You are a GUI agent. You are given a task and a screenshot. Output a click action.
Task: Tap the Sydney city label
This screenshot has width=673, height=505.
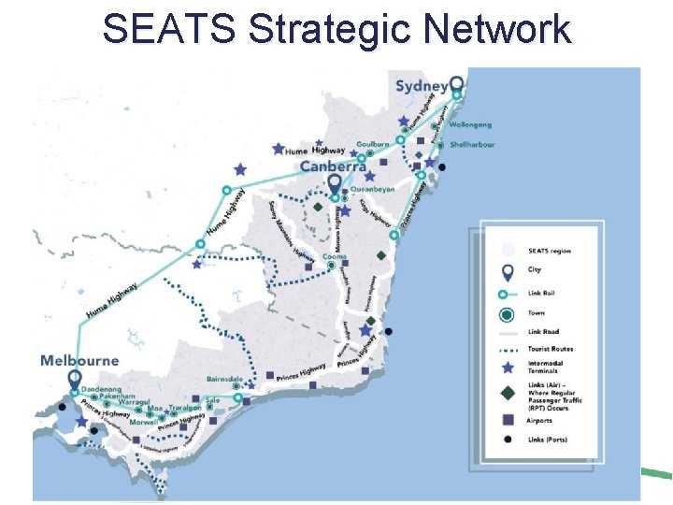pyautogui.click(x=422, y=86)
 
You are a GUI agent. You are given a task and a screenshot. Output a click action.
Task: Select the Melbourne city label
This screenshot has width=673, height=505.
pyautogui.click(x=79, y=360)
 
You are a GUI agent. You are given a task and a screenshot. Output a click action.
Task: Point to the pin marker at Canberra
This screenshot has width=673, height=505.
pyautogui.click(x=336, y=185)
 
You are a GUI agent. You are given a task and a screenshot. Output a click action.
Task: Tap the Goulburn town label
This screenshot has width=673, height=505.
pyautogui.click(x=373, y=146)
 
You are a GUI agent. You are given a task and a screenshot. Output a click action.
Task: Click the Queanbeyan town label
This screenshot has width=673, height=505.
pyautogui.click(x=373, y=189)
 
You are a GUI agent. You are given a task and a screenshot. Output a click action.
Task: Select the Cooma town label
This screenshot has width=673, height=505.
pyautogui.click(x=334, y=256)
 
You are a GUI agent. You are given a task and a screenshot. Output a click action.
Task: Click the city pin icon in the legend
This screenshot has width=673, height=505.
pyautogui.click(x=508, y=272)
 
